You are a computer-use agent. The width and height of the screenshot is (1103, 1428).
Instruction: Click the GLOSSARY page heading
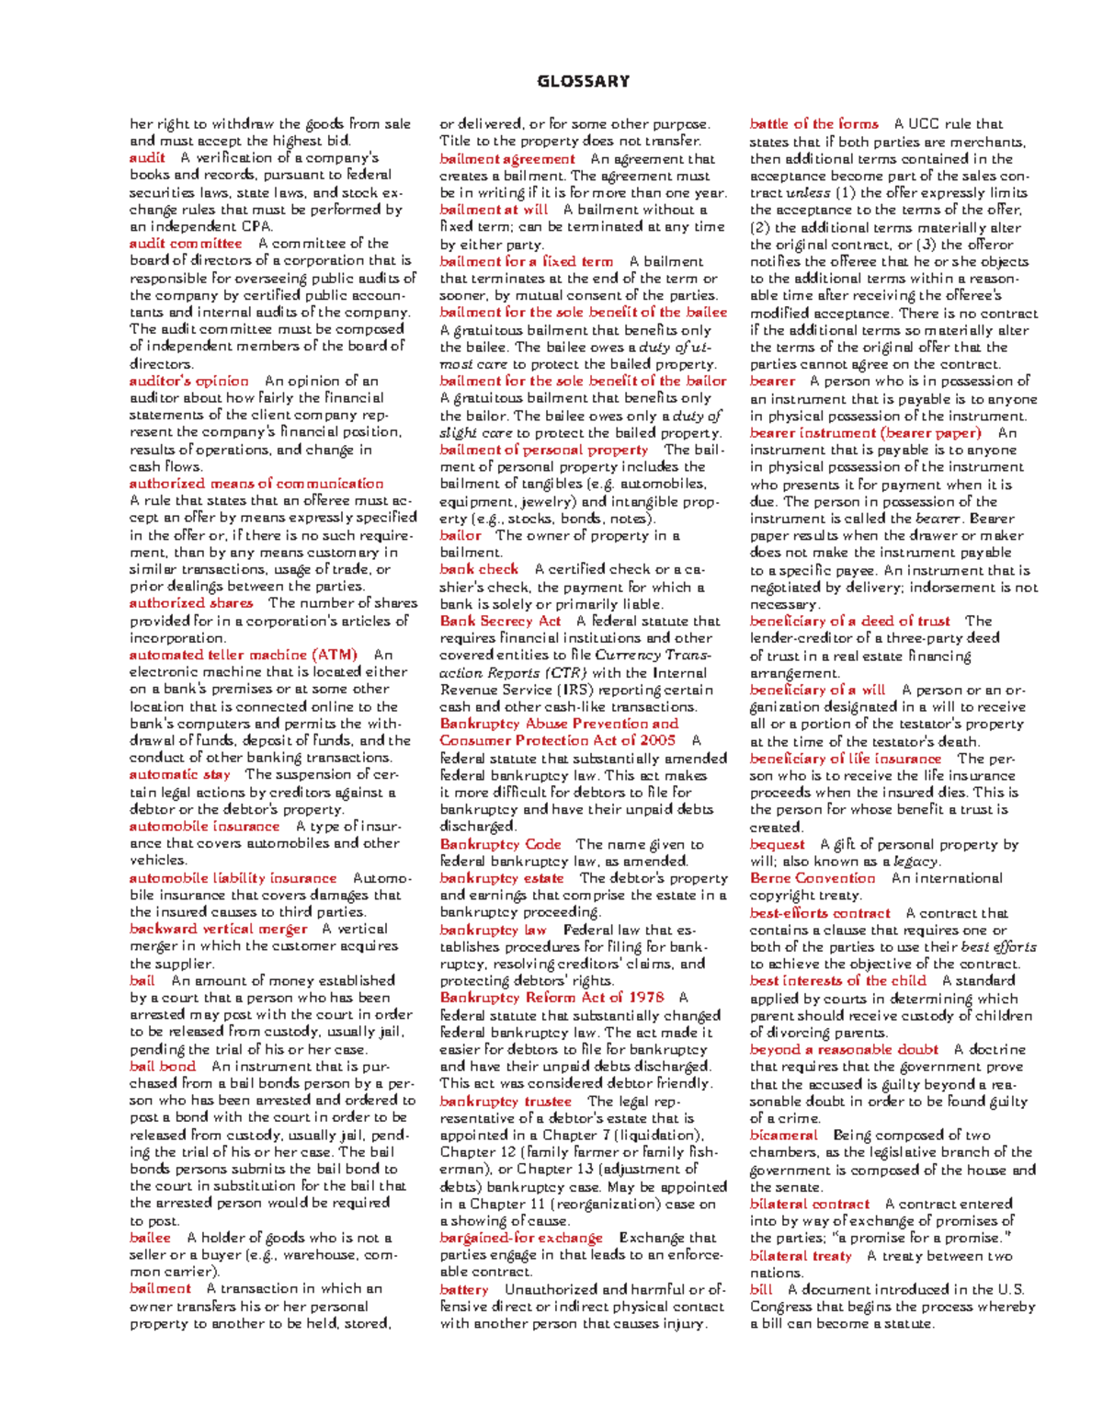pos(584,81)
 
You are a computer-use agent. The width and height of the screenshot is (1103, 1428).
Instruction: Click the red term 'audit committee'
pos(186,244)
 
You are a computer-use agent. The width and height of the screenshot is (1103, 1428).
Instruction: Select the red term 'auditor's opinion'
pos(188,381)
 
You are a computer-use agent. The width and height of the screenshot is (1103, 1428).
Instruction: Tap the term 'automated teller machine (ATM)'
pos(243,655)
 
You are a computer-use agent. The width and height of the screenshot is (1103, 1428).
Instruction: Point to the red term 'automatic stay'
pos(179,774)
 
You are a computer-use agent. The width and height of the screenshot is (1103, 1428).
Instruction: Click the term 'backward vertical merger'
pos(218,929)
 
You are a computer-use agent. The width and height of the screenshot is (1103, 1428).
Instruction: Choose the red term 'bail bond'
pos(163,1067)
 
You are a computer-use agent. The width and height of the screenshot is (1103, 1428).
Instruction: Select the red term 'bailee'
pos(150,1238)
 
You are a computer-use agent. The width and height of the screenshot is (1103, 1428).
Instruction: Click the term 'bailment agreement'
pos(507,158)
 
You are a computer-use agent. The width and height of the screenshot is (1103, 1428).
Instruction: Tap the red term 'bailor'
pos(460,535)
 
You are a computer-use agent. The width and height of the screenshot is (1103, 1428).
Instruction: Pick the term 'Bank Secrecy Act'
pos(500,621)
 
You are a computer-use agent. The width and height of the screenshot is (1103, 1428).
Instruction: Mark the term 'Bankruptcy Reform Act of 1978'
pos(551,998)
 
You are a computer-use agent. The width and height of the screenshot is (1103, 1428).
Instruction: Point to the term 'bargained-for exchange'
pos(521,1238)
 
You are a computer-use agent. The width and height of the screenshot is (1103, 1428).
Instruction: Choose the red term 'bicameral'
pos(783,1135)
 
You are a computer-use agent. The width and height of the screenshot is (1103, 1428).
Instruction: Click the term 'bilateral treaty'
pos(801,1256)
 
